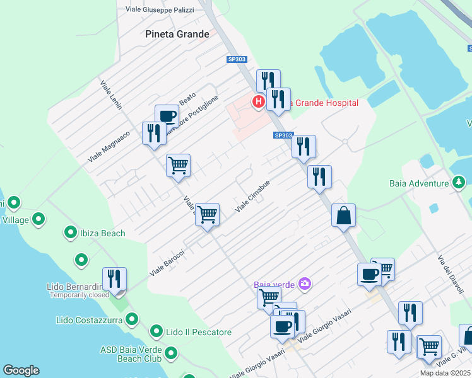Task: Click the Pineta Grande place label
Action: pos(177,34)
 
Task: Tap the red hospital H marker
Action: pos(258,101)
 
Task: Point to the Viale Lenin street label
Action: pos(110,94)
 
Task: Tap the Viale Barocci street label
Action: pos(167,263)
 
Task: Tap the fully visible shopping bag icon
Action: pos(343,215)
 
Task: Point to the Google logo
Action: pos(21,370)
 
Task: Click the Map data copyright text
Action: pos(445,373)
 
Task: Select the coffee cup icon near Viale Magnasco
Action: pos(167,116)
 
